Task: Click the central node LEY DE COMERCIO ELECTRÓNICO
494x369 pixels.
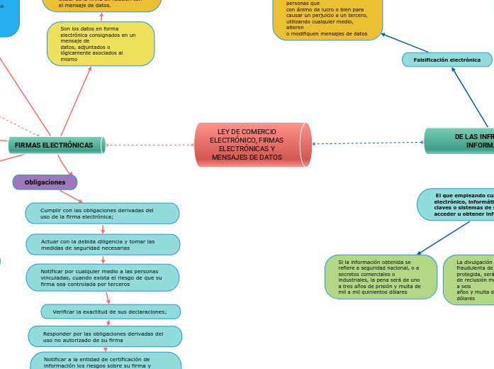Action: pos(252,145)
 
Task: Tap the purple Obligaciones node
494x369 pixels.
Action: pos(45,182)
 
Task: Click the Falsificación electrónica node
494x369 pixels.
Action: pos(447,60)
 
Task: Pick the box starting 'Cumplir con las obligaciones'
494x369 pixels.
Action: pos(102,213)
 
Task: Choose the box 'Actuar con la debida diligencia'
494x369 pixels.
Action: pos(103,245)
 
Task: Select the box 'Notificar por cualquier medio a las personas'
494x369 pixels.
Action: pos(102,277)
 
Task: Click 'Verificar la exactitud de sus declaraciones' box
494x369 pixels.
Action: pos(110,312)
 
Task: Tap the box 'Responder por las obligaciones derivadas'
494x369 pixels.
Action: pos(104,336)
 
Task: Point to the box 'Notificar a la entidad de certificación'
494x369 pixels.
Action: pos(105,362)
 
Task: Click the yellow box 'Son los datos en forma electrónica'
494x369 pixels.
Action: pos(101,44)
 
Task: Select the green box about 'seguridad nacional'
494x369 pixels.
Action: pos(381,277)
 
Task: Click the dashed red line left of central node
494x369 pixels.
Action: pos(149,145)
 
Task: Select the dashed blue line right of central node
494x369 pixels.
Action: pos(369,143)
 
